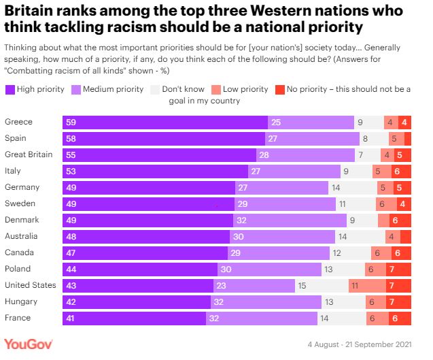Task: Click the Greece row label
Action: coord(18,122)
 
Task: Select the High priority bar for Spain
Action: coord(163,139)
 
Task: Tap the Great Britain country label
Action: coord(28,155)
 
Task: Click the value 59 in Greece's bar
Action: coord(70,122)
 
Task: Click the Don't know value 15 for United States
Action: coord(302,286)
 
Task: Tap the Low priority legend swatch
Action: coord(215,90)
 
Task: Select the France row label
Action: coord(18,318)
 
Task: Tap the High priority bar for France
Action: coord(134,318)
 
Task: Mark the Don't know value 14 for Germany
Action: coord(336,188)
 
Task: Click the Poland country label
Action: coord(18,269)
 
